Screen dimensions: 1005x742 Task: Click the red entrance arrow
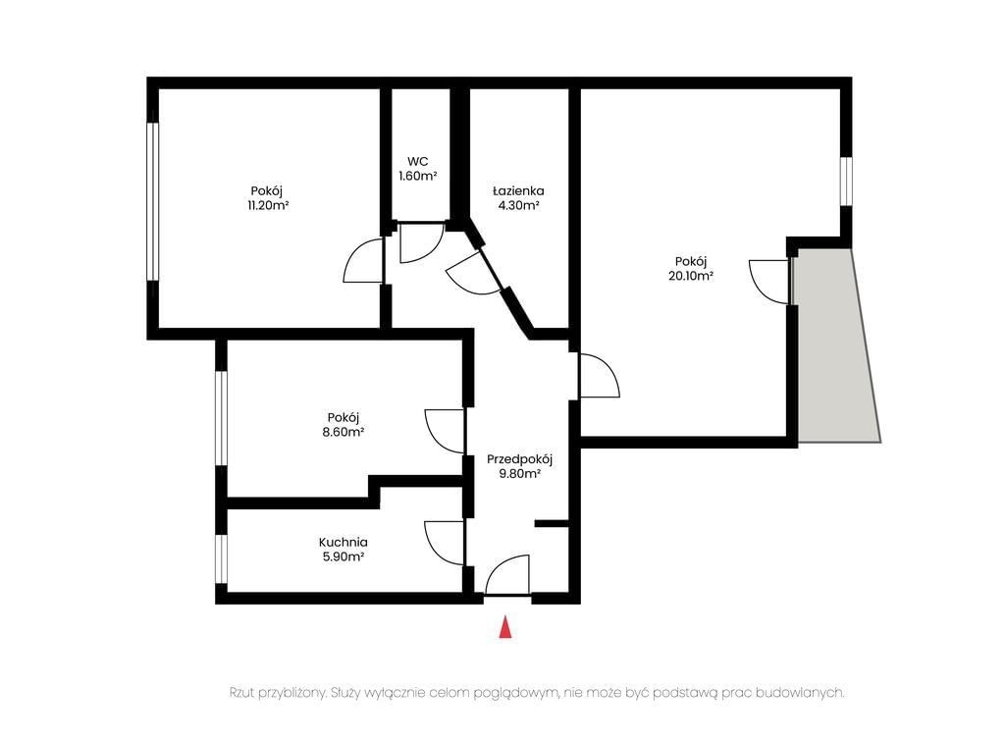(505, 626)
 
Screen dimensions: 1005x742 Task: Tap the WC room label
(417, 162)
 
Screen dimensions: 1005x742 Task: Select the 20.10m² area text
(691, 276)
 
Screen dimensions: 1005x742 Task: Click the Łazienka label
(518, 191)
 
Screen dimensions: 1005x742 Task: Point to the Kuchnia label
(343, 542)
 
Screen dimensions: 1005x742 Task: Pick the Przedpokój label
(520, 459)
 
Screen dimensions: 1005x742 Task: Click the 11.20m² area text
(268, 206)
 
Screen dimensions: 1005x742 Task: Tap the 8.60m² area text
(343, 433)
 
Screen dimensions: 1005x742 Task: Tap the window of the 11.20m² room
(152, 201)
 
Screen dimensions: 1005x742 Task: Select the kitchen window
(221, 558)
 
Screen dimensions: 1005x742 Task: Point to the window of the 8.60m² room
(221, 418)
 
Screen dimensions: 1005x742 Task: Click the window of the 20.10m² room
(847, 182)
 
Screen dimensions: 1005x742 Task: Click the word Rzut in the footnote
(242, 693)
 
